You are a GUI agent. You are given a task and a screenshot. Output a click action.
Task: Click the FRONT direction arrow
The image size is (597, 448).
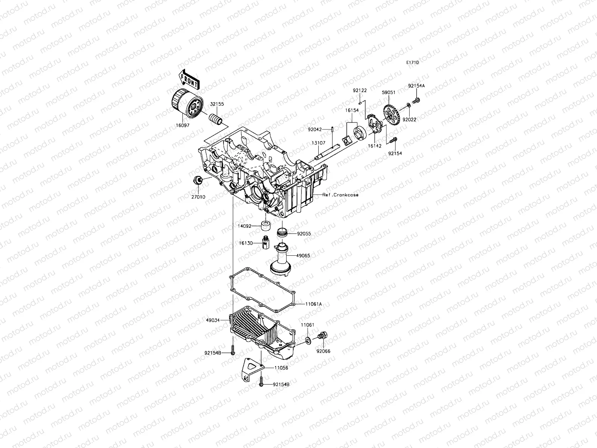(189, 79)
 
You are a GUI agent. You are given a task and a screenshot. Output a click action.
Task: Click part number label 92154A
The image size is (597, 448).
(416, 85)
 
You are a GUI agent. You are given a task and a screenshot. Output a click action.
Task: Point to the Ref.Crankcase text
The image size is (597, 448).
(340, 195)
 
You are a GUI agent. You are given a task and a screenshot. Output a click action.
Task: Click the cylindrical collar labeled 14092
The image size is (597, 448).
(266, 226)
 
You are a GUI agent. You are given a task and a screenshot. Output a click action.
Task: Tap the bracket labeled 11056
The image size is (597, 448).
(253, 369)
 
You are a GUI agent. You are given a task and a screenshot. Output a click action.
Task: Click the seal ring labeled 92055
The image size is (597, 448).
(283, 232)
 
